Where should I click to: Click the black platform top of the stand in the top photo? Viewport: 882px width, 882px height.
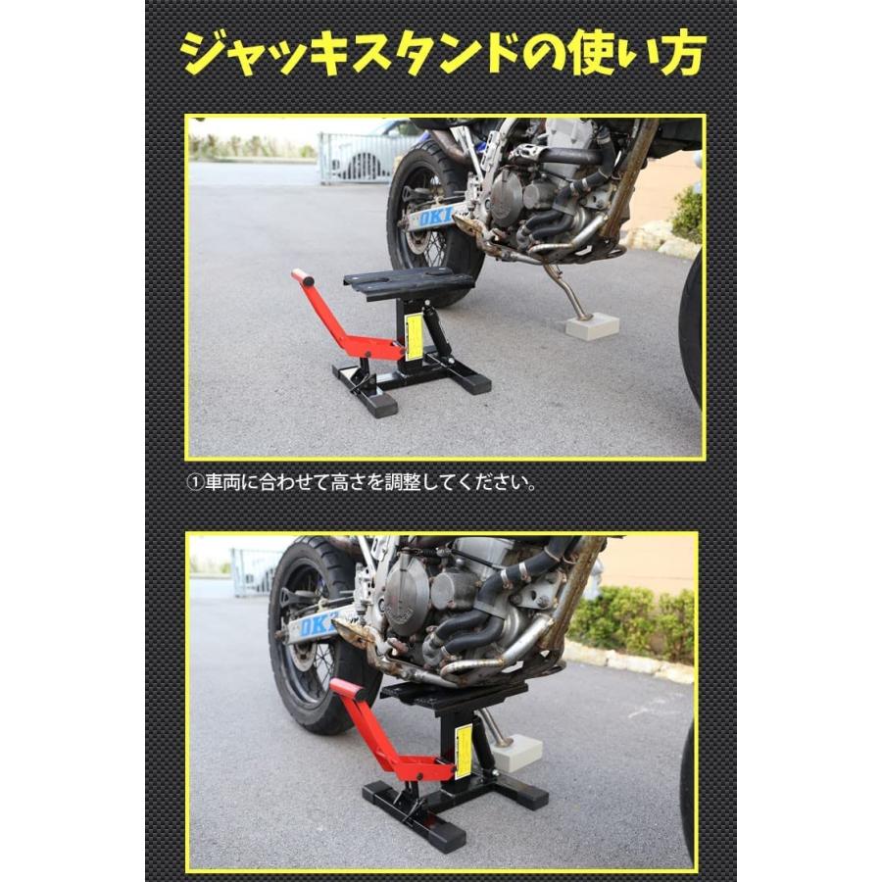(x=410, y=282)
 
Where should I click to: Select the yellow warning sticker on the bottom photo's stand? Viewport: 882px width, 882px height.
(x=464, y=752)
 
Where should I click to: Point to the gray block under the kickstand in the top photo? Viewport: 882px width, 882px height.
(x=591, y=326)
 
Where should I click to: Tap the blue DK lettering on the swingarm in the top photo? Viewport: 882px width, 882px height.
(x=436, y=217)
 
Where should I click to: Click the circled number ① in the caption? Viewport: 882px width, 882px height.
(x=192, y=483)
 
